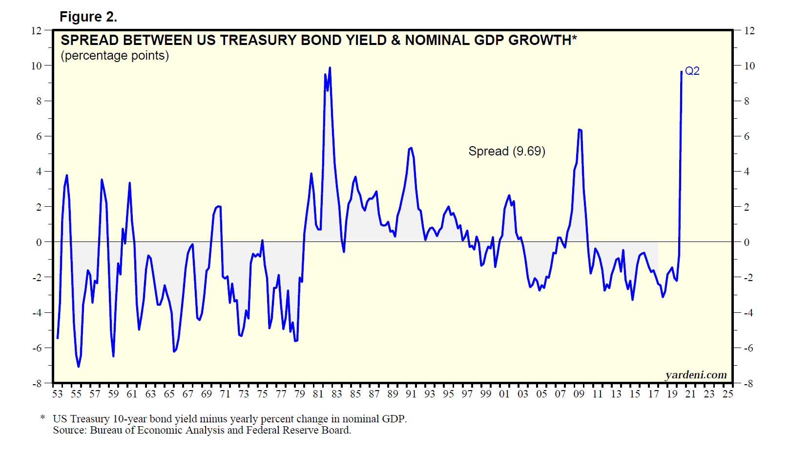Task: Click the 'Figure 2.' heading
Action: [88, 17]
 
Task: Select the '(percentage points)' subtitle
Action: [115, 56]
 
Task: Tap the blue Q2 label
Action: [692, 71]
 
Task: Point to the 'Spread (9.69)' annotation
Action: [506, 152]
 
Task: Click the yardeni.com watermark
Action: [696, 375]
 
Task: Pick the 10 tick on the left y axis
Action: [37, 66]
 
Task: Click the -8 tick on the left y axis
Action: [37, 384]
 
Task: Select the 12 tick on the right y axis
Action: [749, 31]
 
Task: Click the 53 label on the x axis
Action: [58, 394]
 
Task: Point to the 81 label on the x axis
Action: [318, 394]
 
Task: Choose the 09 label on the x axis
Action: [579, 394]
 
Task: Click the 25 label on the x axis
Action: [727, 394]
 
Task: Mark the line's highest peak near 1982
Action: [330, 68]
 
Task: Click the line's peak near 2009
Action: [579, 130]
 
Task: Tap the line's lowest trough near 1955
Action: [78, 367]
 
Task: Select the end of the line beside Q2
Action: [682, 72]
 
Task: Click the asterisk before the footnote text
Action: [43, 418]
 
